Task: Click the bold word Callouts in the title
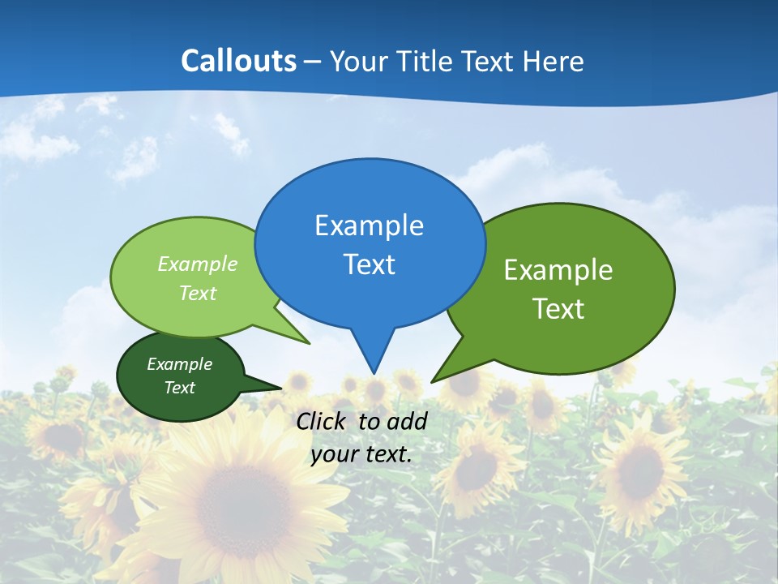pos(238,61)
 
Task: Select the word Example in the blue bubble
pos(369,225)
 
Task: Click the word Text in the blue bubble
pos(369,264)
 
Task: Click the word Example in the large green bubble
pos(558,270)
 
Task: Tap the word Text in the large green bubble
pos(558,309)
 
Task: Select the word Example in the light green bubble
pos(198,264)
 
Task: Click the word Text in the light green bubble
pos(198,293)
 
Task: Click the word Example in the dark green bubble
pos(179,364)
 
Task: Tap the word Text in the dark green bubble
pos(179,388)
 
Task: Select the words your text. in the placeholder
pos(361,454)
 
